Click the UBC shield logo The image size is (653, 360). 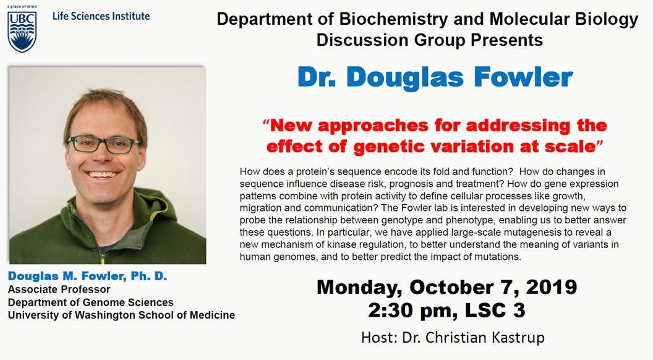(x=22, y=32)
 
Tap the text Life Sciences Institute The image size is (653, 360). (x=101, y=16)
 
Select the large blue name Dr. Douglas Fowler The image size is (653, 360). (x=435, y=77)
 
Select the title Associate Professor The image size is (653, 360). (x=59, y=289)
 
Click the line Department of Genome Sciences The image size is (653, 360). (x=91, y=302)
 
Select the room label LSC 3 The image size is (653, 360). (x=495, y=311)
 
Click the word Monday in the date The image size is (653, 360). (x=359, y=288)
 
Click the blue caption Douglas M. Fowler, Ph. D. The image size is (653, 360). (x=87, y=276)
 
